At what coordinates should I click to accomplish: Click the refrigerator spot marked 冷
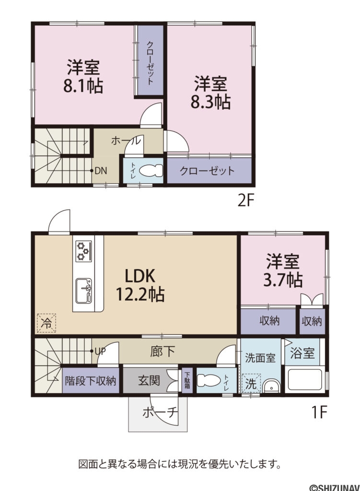(x=46, y=322)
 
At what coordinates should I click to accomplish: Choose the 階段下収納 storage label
(x=90, y=381)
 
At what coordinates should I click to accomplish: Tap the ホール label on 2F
(x=126, y=141)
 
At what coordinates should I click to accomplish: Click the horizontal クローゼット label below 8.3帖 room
(x=207, y=171)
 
